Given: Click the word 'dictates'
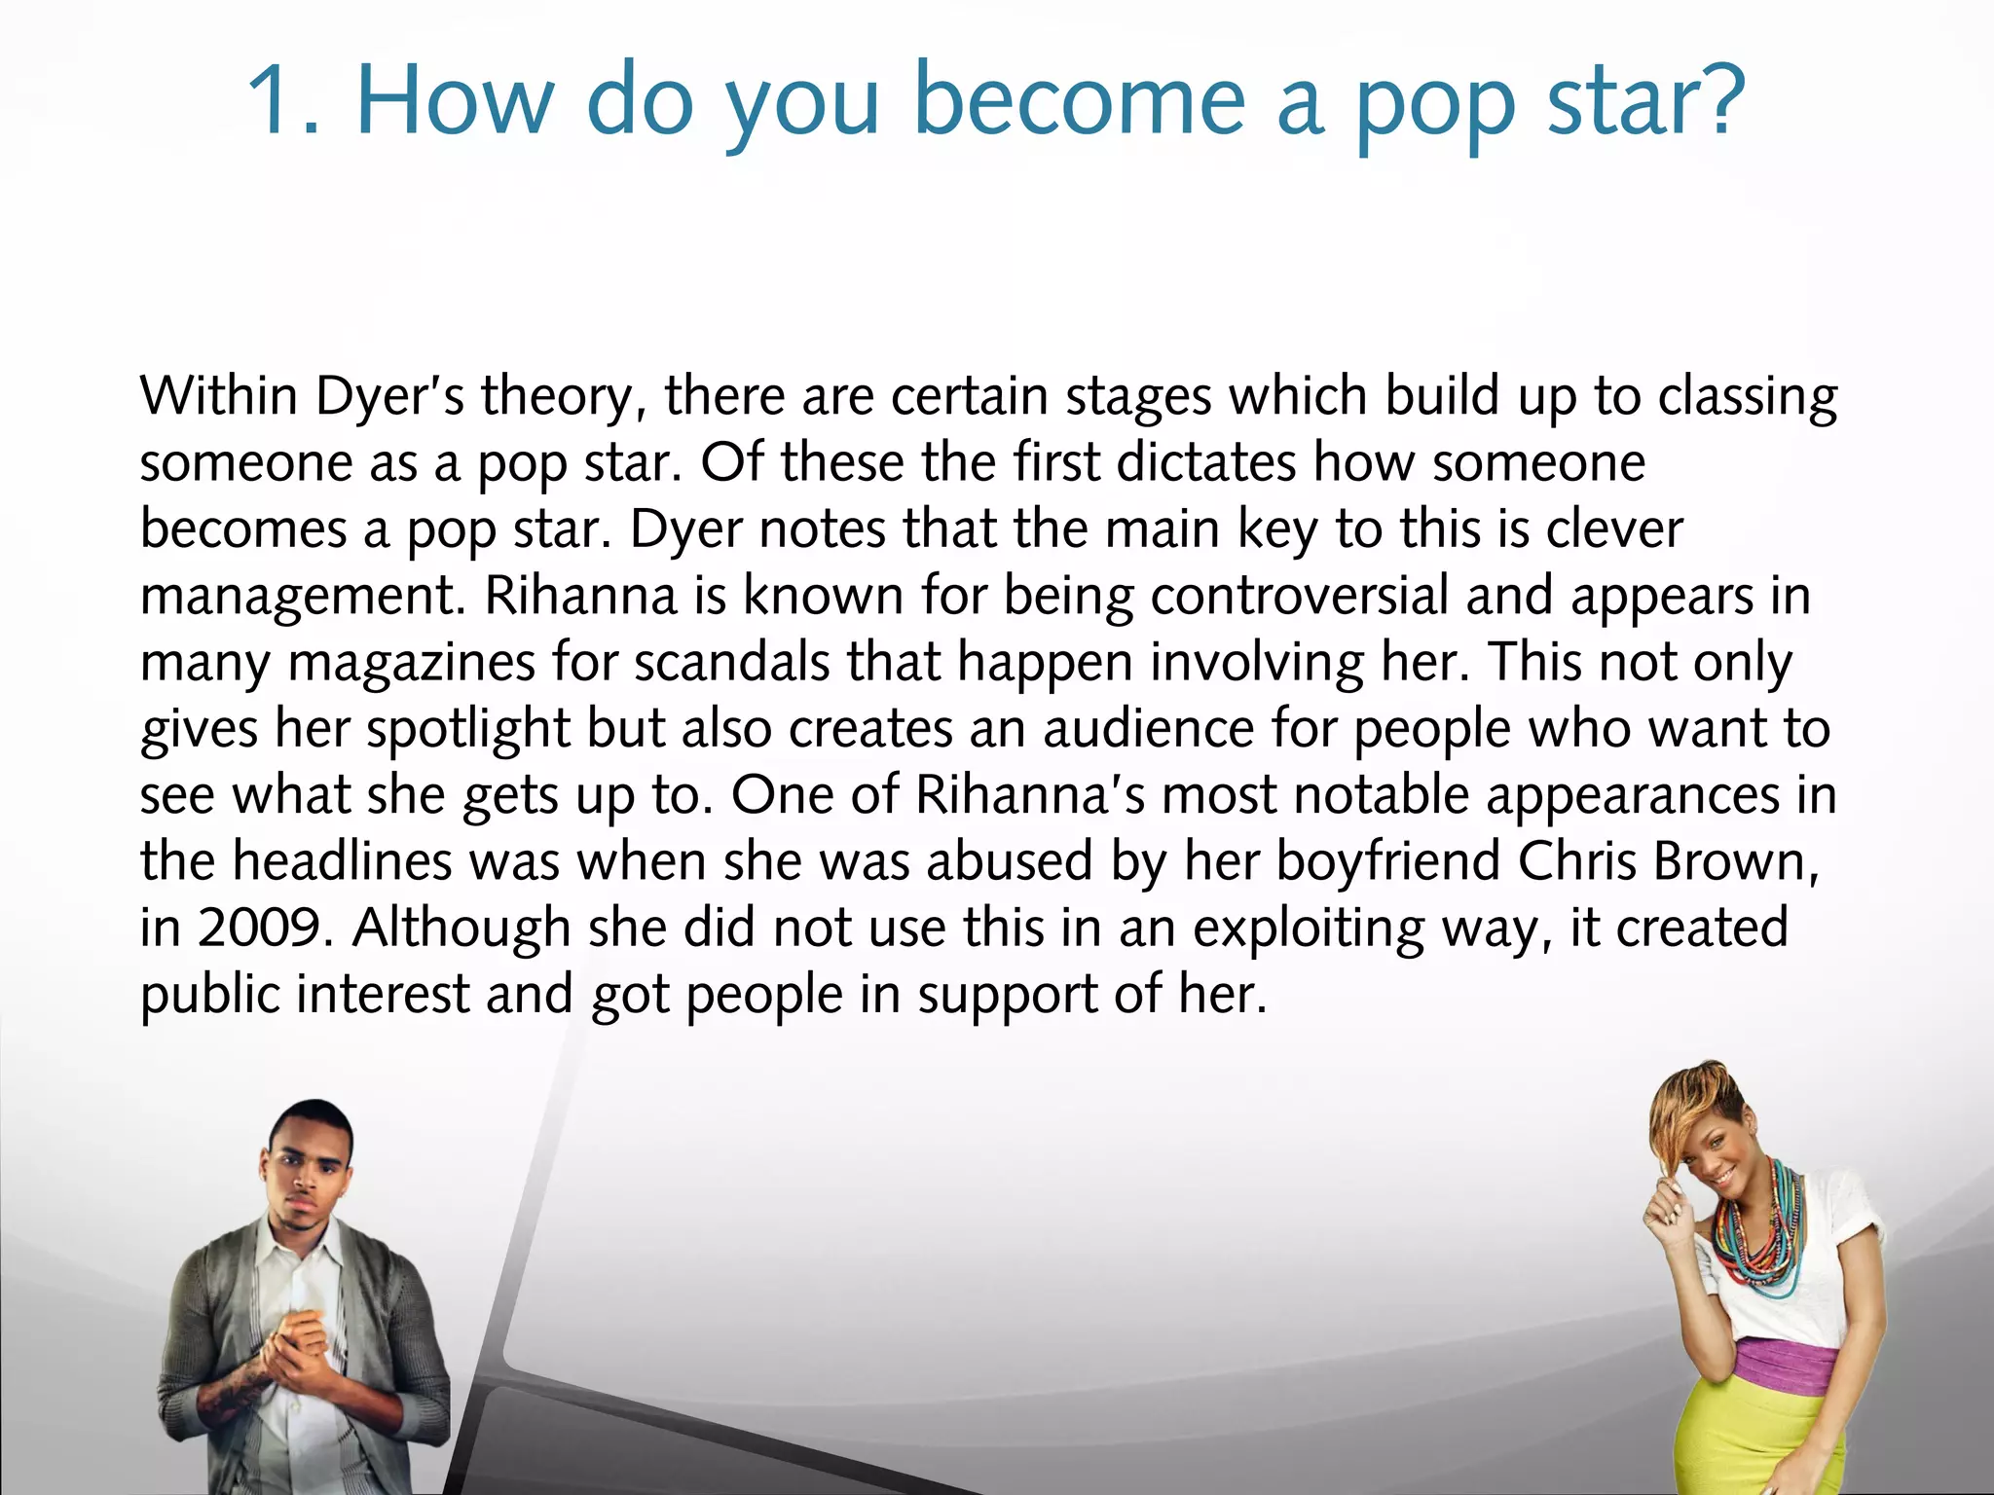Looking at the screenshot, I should pyautogui.click(x=1206, y=462).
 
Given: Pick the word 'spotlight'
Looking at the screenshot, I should pyautogui.click(x=467, y=730).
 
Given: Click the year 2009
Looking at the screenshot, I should pyautogui.click(x=258, y=929).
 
